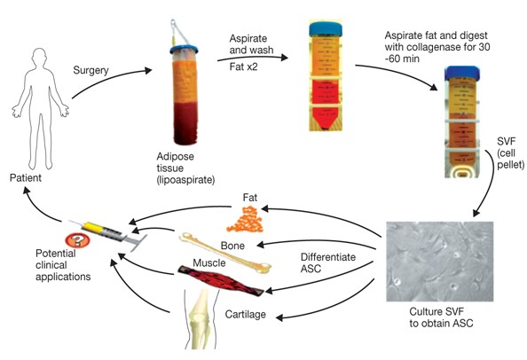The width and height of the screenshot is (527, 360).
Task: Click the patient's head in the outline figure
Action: coord(40,58)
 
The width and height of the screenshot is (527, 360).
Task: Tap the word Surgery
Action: coord(90,70)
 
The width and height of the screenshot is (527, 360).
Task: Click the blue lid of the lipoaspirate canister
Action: coord(184,50)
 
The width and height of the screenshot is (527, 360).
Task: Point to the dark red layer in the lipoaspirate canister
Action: coord(185,123)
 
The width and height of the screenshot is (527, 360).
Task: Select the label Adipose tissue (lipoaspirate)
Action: coord(185,168)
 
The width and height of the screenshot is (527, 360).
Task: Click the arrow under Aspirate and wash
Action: coord(252,59)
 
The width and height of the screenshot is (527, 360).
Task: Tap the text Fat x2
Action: coord(244,67)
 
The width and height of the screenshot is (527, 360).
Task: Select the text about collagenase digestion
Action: coord(437,47)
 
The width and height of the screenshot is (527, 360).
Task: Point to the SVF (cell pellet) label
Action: coord(510,153)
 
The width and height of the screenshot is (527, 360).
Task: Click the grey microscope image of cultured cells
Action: coord(440,262)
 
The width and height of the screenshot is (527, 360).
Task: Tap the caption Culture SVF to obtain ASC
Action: coord(441,317)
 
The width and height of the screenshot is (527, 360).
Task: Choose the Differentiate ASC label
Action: coord(328,262)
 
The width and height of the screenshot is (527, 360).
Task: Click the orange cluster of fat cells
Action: coord(245,220)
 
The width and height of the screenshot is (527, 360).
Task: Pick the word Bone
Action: coord(232,246)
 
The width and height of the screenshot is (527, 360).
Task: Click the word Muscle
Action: coord(209,262)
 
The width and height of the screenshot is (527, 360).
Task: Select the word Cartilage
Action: coord(246,314)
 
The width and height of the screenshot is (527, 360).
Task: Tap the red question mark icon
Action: coord(78,239)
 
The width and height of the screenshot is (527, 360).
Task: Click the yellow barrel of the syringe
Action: coord(92,228)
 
